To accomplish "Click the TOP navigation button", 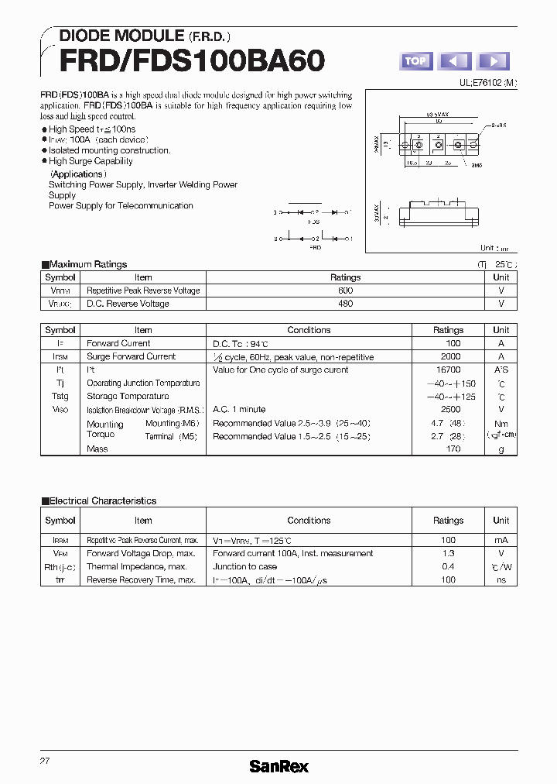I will point(416,61).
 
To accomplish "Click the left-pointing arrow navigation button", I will point(455,61).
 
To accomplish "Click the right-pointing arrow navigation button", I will point(493,61).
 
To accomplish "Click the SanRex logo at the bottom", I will point(278,766).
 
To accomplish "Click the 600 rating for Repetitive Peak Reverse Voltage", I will point(345,291).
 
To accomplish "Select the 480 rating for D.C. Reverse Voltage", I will point(345,304).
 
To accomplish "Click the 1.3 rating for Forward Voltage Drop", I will point(448,553).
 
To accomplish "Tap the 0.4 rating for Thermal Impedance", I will point(448,566).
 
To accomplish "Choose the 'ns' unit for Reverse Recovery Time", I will point(501,579).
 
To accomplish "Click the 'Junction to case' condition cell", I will point(244,566).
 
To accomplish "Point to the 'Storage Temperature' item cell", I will point(127,396).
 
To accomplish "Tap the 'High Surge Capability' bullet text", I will point(91,161).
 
